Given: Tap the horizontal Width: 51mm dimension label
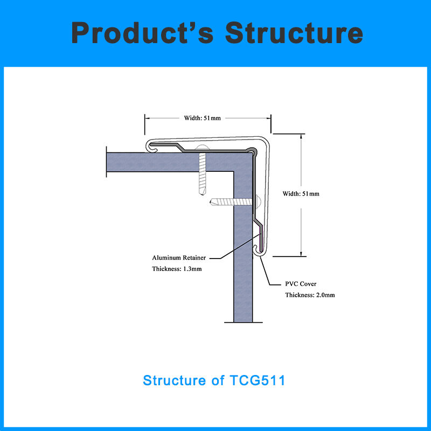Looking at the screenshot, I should click(203, 118).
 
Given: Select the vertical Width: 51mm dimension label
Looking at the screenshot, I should click(301, 193).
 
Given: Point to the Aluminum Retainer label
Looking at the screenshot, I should click(179, 258).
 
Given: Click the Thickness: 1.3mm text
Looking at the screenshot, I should click(177, 269).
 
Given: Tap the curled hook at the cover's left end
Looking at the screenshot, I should click(152, 145).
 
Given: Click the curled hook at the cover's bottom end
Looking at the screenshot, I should click(257, 249).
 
